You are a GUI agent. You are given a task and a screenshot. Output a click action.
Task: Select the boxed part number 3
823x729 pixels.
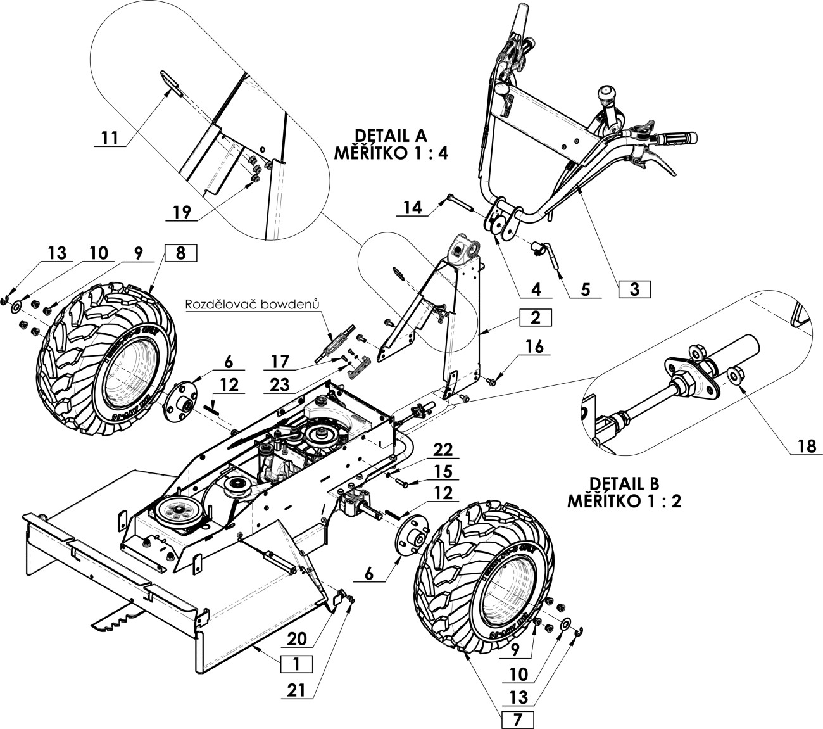click(x=634, y=289)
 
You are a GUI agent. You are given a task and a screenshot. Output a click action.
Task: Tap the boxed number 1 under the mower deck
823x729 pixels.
click(x=293, y=664)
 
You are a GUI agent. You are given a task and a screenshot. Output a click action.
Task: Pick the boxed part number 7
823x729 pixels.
click(x=517, y=719)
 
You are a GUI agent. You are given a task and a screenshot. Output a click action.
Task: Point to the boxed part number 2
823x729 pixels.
click(x=536, y=317)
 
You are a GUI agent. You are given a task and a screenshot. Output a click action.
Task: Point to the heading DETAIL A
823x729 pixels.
click(x=391, y=136)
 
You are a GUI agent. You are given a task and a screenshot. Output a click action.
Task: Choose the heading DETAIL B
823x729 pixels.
click(x=624, y=483)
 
